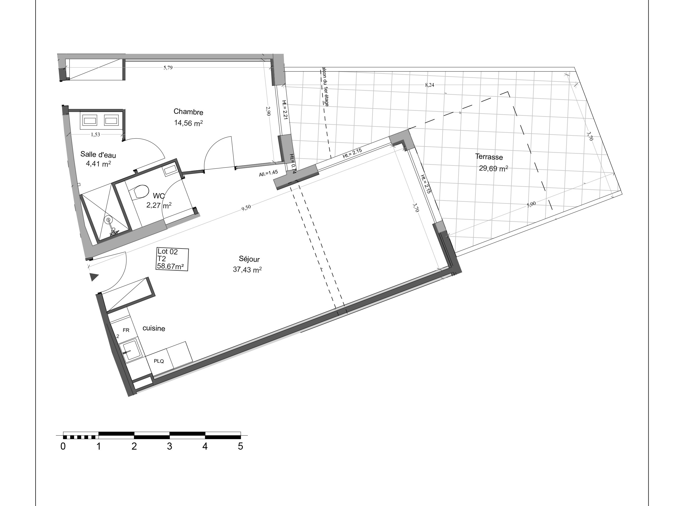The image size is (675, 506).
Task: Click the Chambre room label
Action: point(188,112)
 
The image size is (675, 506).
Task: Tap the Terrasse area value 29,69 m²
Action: point(493,168)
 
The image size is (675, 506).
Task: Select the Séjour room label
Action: point(249,259)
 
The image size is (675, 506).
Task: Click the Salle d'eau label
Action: point(98,155)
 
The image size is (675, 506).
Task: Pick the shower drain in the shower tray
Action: point(108,219)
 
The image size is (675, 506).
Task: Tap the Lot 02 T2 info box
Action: point(172,259)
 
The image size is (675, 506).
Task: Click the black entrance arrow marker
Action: point(94,277)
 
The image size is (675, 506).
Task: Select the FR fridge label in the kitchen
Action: point(126,330)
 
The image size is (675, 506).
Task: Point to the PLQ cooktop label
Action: point(159,361)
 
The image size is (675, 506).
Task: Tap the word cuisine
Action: point(154,328)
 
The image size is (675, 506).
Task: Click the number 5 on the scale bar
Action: point(240,446)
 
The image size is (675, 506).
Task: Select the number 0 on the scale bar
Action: point(63,446)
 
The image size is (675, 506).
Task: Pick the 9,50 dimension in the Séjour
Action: point(246,207)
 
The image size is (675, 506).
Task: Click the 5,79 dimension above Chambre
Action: point(168,68)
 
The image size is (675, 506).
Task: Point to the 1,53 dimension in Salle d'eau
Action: point(95,134)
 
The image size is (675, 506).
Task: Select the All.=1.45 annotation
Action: point(268,173)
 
